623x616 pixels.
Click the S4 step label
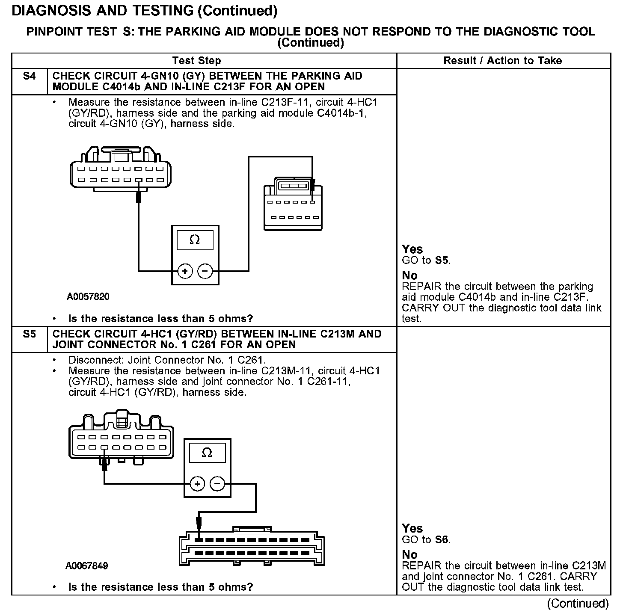(29, 76)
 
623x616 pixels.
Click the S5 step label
(29, 334)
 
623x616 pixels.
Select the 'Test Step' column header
(196, 61)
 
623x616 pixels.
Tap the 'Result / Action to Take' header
(503, 61)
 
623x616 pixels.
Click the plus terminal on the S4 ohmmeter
(185, 271)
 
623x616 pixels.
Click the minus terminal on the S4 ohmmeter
(205, 271)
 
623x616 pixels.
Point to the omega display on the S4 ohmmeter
(195, 240)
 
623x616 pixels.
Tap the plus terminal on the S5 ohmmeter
(197, 484)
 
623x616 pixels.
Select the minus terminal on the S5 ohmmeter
(217, 484)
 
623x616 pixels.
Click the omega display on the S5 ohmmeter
(207, 453)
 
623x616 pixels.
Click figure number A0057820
(88, 297)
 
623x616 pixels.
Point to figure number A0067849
(87, 566)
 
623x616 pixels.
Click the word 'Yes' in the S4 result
(412, 249)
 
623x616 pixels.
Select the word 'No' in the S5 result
(409, 555)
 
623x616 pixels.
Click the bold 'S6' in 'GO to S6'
(442, 540)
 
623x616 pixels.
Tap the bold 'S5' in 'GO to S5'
(442, 261)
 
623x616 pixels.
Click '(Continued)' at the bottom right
(577, 603)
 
